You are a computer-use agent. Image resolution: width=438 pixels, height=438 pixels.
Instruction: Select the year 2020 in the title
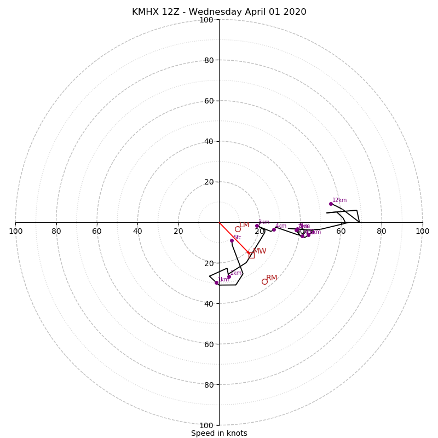(x=295, y=12)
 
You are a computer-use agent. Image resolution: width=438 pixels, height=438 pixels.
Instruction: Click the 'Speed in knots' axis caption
(x=219, y=433)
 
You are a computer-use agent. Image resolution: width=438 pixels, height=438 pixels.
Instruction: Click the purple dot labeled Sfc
(x=232, y=240)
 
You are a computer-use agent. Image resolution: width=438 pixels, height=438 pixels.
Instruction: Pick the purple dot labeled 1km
(x=216, y=283)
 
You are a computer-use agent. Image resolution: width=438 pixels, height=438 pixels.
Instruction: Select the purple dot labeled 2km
(x=229, y=276)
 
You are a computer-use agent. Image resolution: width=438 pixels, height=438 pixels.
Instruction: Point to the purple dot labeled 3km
(x=257, y=226)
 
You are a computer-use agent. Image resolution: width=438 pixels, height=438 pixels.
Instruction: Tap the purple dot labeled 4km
(x=274, y=229)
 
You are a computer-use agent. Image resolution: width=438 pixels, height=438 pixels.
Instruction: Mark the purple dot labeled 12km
(x=331, y=204)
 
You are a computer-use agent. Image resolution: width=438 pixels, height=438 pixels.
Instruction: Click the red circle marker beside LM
(x=238, y=229)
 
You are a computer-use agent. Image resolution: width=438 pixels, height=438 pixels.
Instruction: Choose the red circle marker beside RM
(x=264, y=281)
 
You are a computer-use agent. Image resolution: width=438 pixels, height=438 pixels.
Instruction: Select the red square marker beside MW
(x=251, y=255)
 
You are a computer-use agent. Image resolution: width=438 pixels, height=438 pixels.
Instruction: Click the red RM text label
(x=272, y=278)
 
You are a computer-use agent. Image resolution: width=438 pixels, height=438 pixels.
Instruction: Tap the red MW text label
(x=260, y=251)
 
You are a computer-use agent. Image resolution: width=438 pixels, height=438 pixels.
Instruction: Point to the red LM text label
(x=244, y=224)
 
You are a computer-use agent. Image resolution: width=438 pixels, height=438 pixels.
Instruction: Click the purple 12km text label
(x=339, y=200)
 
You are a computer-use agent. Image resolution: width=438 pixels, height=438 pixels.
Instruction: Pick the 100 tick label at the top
(x=206, y=20)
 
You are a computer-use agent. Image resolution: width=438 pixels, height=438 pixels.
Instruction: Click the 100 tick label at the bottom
(x=206, y=425)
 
